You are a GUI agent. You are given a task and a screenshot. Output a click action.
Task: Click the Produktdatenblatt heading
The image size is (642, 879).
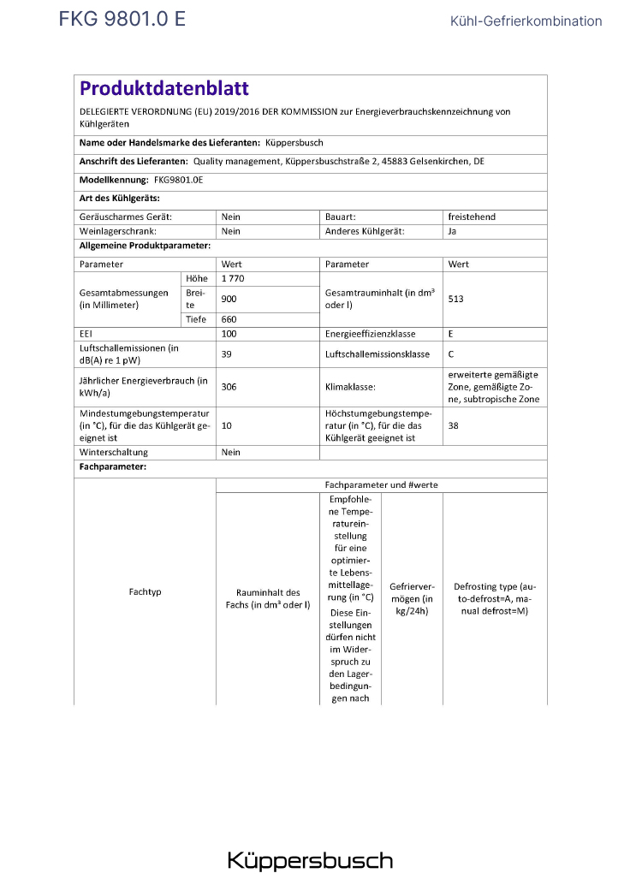(163, 88)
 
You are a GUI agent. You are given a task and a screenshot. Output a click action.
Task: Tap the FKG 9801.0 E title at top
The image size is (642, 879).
(122, 20)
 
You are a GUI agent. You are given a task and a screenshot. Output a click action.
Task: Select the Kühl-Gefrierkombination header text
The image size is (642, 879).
(526, 21)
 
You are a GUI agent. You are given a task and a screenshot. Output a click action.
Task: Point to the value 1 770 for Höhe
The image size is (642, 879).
(233, 279)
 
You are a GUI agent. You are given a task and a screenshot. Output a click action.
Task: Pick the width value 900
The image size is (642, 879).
(229, 299)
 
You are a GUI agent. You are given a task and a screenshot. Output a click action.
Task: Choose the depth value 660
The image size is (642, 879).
(229, 319)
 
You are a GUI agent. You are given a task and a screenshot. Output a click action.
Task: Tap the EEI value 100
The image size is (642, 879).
(229, 334)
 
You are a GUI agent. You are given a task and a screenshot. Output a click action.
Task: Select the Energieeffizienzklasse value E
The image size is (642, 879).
(451, 334)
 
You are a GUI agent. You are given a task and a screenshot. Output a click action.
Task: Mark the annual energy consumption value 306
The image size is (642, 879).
(229, 387)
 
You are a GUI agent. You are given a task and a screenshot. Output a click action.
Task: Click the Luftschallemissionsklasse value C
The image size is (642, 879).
(451, 353)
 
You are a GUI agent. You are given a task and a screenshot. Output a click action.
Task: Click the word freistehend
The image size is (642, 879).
(471, 217)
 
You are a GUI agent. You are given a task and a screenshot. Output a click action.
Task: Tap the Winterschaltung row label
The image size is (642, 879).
(113, 452)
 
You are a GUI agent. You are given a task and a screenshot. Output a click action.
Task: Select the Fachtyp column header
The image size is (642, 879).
(145, 591)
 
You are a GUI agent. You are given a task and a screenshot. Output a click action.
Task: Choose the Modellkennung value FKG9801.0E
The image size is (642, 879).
(178, 180)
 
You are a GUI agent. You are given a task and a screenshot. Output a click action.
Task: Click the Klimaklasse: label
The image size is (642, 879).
(350, 387)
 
